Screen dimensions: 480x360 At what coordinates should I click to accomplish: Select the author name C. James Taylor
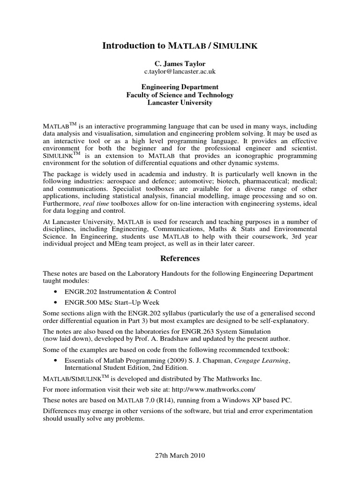pyautogui.click(x=180, y=63)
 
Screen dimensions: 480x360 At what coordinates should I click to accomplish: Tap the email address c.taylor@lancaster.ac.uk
pyautogui.click(x=180, y=71)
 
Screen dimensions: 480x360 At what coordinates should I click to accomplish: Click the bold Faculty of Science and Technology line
pyautogui.click(x=180, y=95)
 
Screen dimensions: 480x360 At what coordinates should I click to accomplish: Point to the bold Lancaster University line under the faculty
pyautogui.click(x=180, y=103)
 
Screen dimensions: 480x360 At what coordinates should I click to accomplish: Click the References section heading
pyautogui.click(x=180, y=258)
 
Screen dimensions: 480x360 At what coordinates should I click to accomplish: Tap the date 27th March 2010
pyautogui.click(x=180, y=455)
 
